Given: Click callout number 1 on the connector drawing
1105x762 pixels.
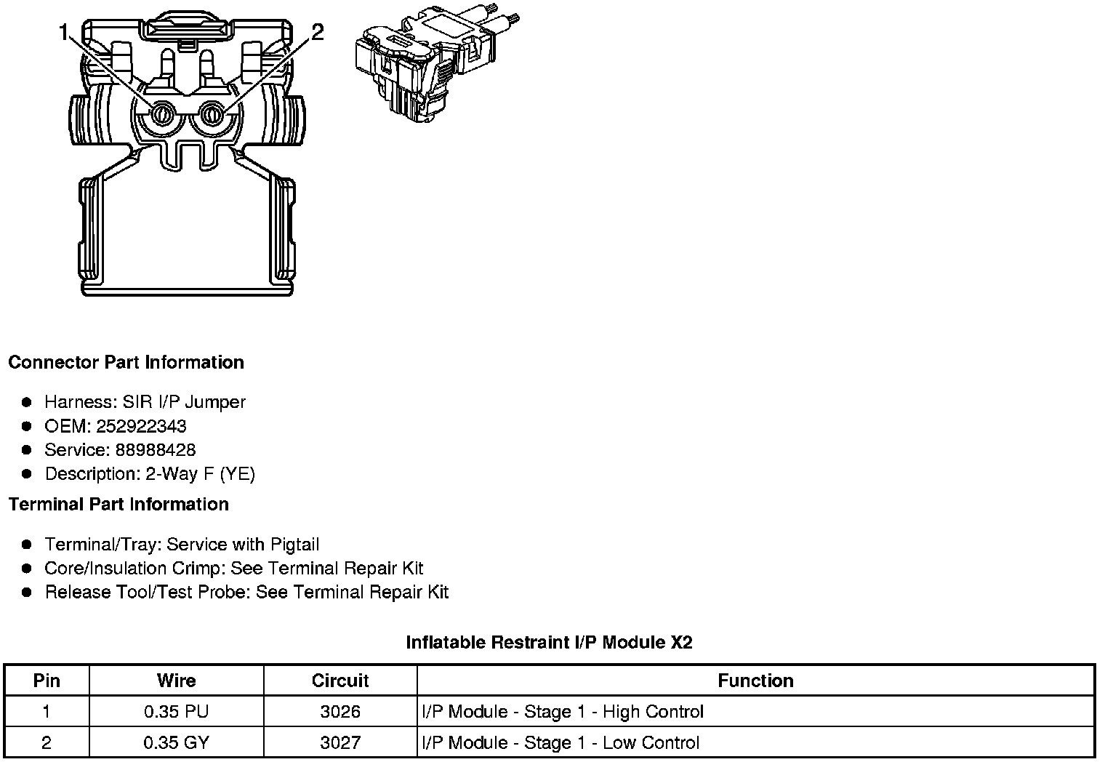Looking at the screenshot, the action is tap(64, 33).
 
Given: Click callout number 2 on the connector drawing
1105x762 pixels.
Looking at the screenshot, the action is tap(317, 33).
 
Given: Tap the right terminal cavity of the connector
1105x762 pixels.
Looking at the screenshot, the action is tap(212, 114).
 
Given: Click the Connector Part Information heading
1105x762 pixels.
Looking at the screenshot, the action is tap(126, 362).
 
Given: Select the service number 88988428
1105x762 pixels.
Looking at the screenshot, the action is tap(156, 450).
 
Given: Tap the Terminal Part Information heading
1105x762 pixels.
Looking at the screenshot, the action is tap(118, 504).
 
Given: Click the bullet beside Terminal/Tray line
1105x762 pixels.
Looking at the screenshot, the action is tap(27, 545).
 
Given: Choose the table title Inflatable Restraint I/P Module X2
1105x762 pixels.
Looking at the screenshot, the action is tap(549, 642).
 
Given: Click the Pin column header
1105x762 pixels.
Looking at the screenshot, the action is tap(47, 681).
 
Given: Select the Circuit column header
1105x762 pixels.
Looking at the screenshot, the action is tap(340, 681).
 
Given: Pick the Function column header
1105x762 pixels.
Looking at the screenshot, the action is tap(755, 681).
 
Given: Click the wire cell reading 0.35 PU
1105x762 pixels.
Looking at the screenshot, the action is tap(176, 711).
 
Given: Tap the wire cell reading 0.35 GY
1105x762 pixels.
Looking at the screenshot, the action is tap(176, 742).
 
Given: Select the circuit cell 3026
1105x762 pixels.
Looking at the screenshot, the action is tap(340, 711).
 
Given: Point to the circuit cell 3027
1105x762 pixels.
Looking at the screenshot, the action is tap(340, 742).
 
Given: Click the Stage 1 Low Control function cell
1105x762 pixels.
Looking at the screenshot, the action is tap(560, 742).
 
